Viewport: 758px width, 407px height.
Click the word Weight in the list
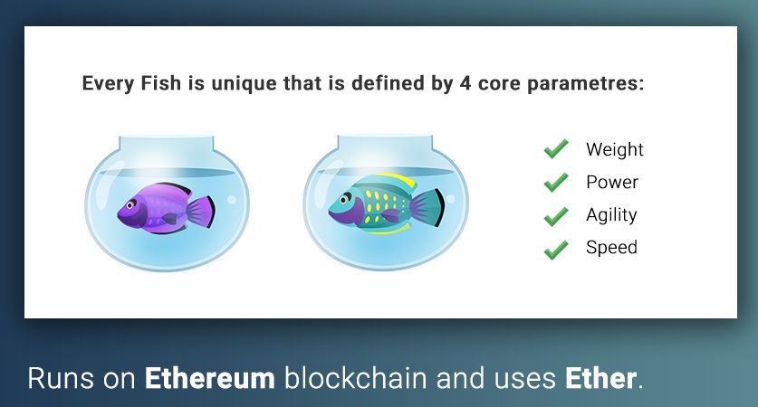click(614, 149)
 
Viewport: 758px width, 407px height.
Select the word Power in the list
click(612, 182)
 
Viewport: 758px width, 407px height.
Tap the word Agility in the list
click(611, 215)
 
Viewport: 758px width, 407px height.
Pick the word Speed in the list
click(611, 248)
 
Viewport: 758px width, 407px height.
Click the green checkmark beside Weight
click(556, 149)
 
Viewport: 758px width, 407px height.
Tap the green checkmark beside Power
click(556, 182)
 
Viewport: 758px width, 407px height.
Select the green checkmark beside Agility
click(556, 215)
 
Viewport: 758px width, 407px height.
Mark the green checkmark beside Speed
click(556, 249)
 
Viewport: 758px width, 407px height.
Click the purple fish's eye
click(130, 205)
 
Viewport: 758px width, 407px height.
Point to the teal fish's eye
click(346, 198)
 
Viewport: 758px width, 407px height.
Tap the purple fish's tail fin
click(201, 212)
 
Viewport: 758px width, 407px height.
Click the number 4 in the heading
click(465, 83)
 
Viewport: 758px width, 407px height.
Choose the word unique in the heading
click(244, 84)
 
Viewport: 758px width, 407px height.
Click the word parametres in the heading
click(585, 84)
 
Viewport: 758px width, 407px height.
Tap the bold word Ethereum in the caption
click(210, 378)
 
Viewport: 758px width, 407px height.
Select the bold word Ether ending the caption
click(601, 378)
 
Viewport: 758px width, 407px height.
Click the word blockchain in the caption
click(355, 378)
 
